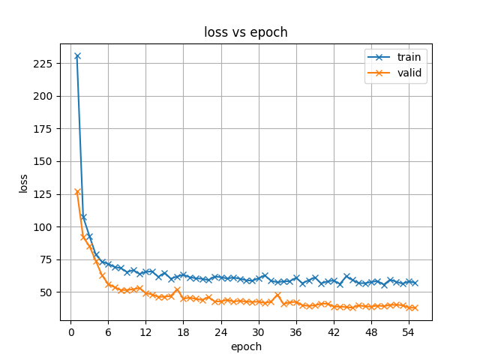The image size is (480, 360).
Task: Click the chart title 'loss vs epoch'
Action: [x=246, y=32]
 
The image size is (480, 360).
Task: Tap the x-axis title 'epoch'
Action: [x=246, y=347]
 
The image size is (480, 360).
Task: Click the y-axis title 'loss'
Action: [x=23, y=184]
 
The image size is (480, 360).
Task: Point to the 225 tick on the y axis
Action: [x=43, y=64]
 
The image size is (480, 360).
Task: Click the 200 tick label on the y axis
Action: [x=43, y=97]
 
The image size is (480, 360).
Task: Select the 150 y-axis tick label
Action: [x=43, y=162]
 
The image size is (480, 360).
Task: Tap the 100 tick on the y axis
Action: [x=43, y=227]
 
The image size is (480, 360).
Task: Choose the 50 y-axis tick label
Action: [x=46, y=292]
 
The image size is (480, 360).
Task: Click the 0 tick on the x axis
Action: [x=71, y=333]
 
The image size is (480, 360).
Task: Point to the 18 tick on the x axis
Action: [x=183, y=333]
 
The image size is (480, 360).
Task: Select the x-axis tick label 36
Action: [x=296, y=333]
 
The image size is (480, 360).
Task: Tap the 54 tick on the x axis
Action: [x=409, y=333]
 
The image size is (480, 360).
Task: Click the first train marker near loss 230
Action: [x=77, y=56]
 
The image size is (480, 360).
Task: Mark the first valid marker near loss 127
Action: [x=77, y=192]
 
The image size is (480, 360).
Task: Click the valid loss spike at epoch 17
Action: [x=177, y=289]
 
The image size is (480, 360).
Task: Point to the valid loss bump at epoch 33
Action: [x=277, y=295]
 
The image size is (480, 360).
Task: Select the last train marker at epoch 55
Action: [x=415, y=283]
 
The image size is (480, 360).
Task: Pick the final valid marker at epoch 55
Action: [x=415, y=308]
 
